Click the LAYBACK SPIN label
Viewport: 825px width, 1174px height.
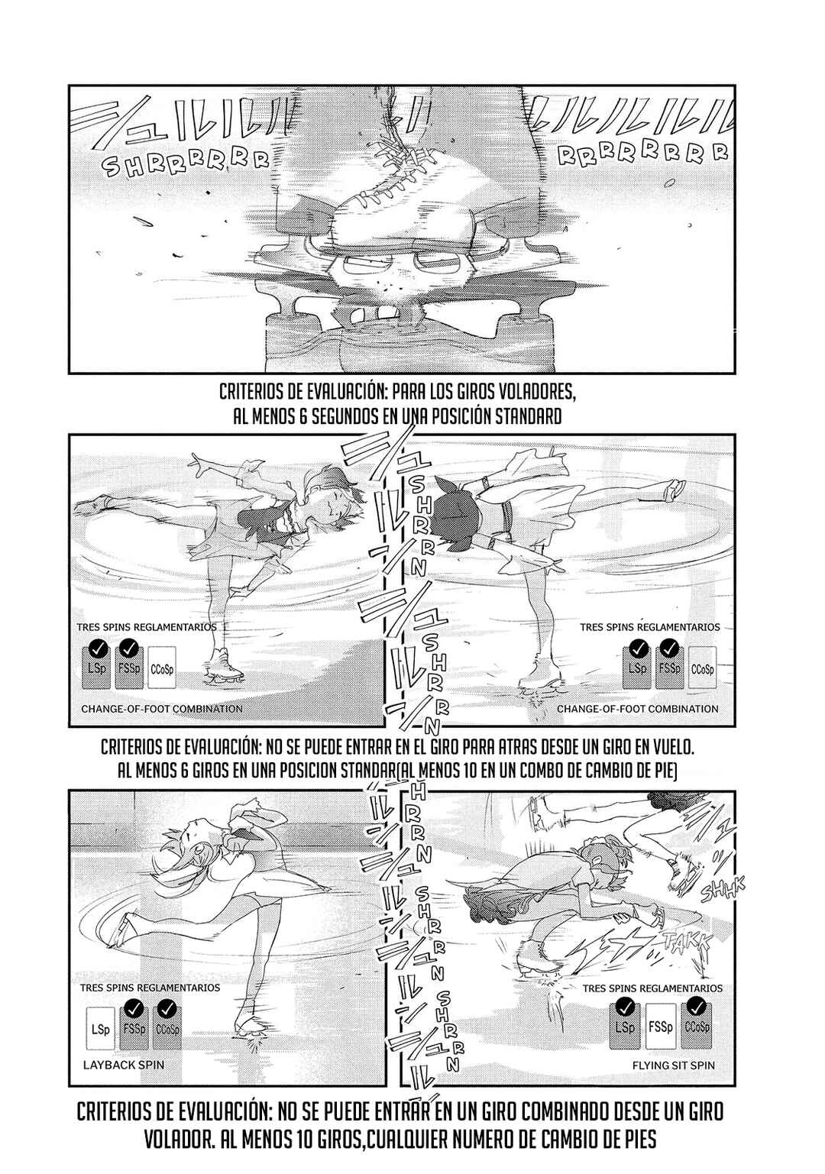click(x=122, y=1064)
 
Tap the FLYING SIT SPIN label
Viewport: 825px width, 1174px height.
click(x=675, y=1064)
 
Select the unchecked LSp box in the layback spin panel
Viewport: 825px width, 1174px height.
click(x=96, y=1028)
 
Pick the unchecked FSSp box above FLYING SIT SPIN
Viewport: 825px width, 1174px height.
click(x=660, y=1027)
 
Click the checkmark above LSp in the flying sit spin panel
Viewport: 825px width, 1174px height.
click(x=624, y=1004)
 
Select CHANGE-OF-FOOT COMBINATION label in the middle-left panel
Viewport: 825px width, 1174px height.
click(x=161, y=708)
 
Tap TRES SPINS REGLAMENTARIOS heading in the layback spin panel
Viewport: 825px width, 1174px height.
click(x=149, y=987)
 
